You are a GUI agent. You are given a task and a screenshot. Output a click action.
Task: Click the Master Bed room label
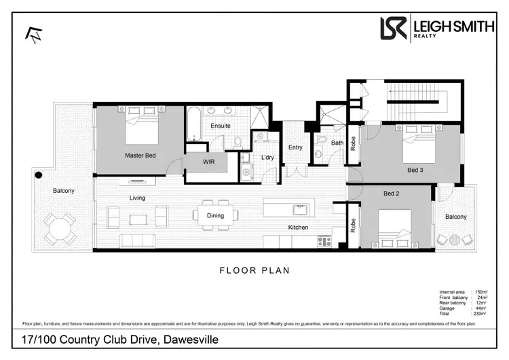(140, 156)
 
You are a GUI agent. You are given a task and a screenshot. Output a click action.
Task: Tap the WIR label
(209, 162)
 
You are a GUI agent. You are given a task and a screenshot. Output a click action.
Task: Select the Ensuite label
(221, 126)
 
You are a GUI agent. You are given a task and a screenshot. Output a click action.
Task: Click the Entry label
(295, 147)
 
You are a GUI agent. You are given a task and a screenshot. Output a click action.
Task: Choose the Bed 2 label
(392, 194)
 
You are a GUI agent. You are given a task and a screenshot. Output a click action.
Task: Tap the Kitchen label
(298, 227)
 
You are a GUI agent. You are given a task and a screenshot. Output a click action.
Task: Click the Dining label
(215, 216)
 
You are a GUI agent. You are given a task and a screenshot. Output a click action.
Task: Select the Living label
(138, 198)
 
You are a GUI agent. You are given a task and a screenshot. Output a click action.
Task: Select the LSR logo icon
(394, 29)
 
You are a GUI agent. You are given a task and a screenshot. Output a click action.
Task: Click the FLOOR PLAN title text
(254, 270)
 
